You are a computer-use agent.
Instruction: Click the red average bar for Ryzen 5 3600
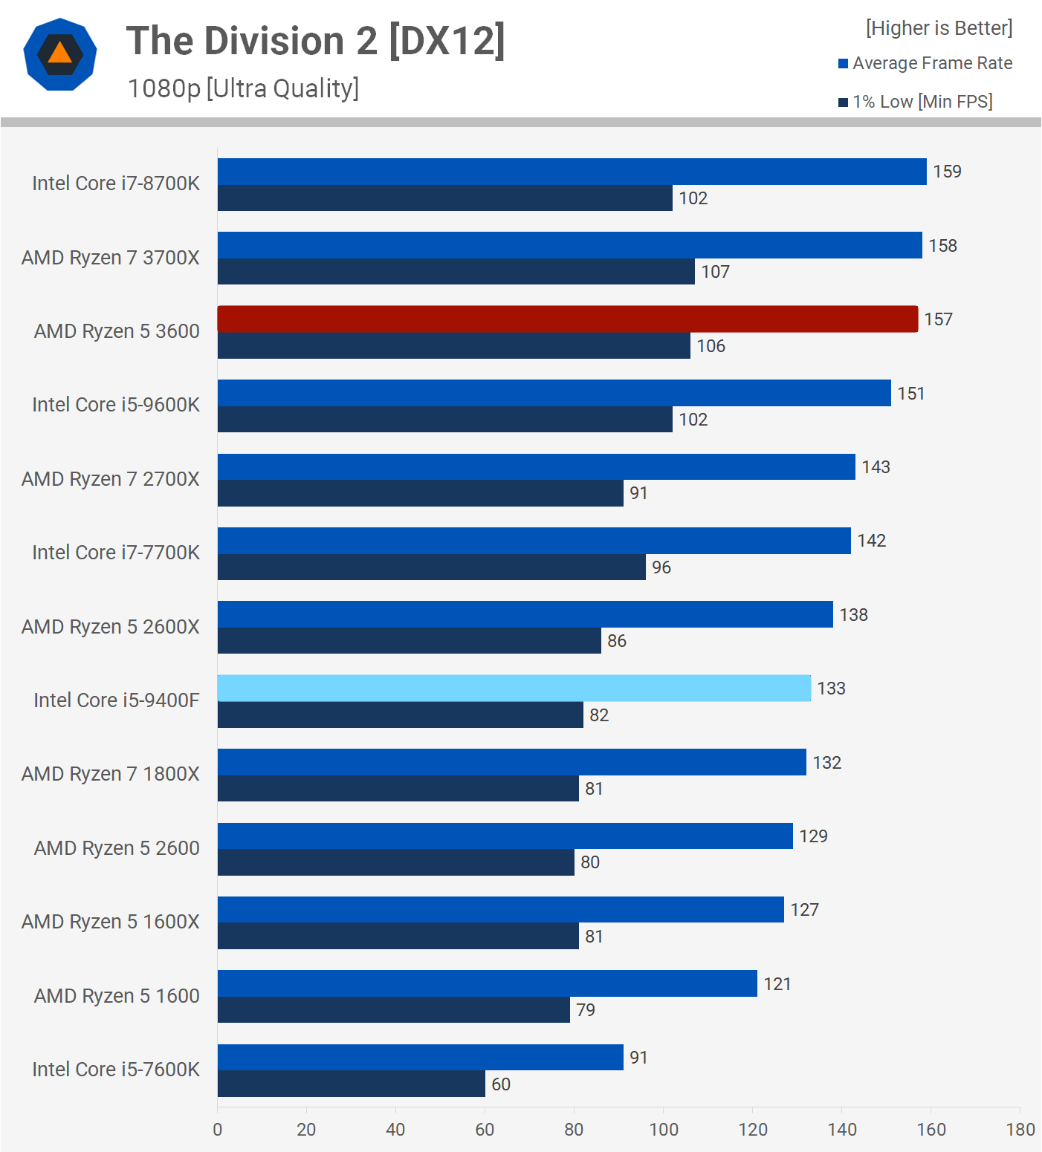[x=567, y=319]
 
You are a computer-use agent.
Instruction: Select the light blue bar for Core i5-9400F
[x=514, y=688]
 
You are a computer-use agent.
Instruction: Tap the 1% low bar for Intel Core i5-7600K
[x=351, y=1084]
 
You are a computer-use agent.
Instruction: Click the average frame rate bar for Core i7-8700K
[x=572, y=172]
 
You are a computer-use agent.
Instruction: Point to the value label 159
[x=947, y=172]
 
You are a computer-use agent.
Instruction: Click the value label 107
[x=715, y=272]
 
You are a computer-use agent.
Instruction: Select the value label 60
[x=501, y=1084]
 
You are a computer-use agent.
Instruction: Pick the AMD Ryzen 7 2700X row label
[x=111, y=479]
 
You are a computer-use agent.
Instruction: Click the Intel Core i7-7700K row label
[x=116, y=553]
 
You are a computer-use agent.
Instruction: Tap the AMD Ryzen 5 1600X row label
[x=111, y=922]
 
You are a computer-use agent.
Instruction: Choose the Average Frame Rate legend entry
[x=925, y=63]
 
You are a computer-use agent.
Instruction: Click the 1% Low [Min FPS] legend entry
[x=916, y=102]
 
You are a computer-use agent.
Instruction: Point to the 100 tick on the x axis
[x=664, y=1130]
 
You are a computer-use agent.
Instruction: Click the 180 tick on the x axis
[x=1020, y=1130]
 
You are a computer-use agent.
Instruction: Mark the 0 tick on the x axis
[x=218, y=1130]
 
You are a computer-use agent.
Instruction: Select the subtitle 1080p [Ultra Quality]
[x=243, y=88]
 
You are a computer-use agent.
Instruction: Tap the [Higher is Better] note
[x=939, y=28]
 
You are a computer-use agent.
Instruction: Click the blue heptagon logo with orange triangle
[x=60, y=54]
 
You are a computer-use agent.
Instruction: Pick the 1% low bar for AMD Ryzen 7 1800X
[x=398, y=788]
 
